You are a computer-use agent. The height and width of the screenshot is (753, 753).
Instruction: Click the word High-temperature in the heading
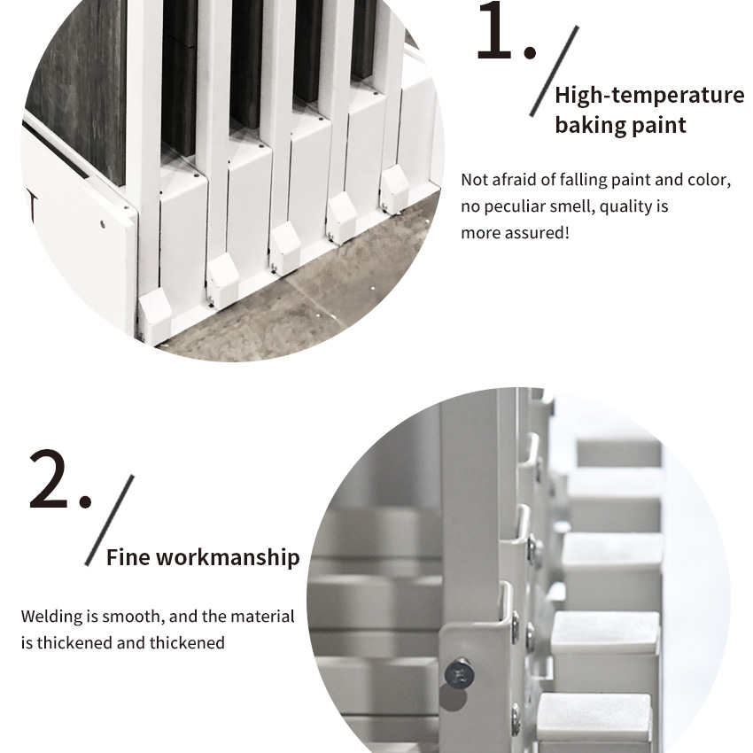click(649, 95)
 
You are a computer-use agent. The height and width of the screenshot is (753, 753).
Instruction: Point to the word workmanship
click(228, 557)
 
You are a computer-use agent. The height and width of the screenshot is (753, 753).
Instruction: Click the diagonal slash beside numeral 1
click(554, 71)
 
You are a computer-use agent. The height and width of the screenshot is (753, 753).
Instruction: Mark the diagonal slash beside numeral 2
click(110, 520)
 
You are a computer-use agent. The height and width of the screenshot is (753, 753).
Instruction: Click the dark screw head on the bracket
click(460, 672)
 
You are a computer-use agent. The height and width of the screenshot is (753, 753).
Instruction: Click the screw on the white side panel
click(102, 224)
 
